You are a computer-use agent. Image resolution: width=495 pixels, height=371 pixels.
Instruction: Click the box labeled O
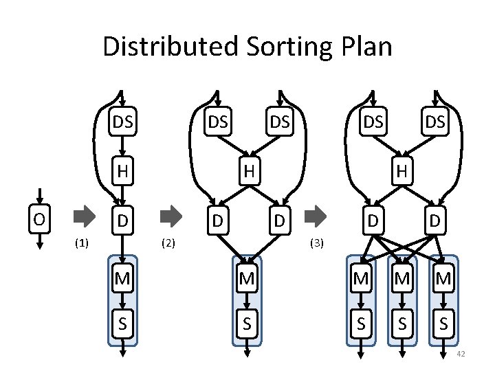[41, 219]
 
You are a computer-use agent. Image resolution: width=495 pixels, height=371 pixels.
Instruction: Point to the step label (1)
[81, 243]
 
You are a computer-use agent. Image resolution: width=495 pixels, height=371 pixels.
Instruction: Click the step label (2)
[168, 243]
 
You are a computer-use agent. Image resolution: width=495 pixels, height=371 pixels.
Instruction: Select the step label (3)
[316, 243]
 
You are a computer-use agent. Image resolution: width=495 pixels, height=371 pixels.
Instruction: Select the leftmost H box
[123, 170]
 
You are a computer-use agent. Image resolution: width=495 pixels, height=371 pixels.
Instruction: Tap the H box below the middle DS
[247, 170]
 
